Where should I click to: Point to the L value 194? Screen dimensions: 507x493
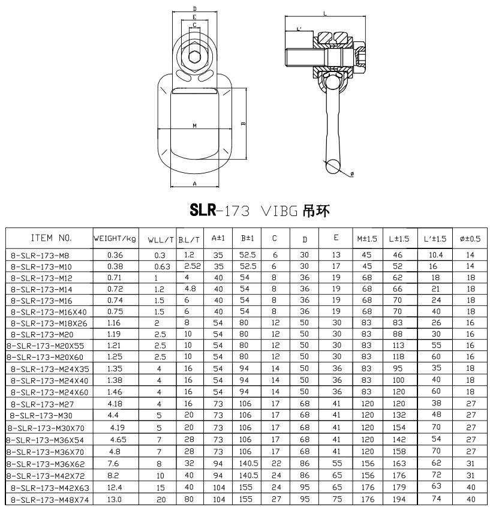tap(398, 499)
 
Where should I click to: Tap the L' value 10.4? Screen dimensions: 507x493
tap(435, 255)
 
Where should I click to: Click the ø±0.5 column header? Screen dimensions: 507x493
tap(470, 239)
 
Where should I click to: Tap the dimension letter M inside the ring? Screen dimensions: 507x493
tap(195, 125)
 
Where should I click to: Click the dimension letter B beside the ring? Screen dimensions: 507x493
tap(242, 124)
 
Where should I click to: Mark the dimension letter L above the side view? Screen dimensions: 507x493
tap(324, 13)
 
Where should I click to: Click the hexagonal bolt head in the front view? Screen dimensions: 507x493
tap(195, 58)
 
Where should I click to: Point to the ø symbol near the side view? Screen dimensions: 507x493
tap(351, 173)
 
